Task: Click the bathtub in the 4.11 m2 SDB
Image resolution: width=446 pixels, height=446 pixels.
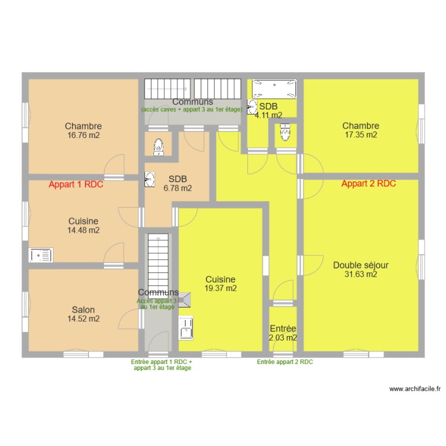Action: (x=274, y=89)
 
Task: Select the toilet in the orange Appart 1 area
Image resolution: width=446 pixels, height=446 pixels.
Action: (x=158, y=146)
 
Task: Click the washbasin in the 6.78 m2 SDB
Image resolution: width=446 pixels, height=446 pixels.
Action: (x=149, y=178)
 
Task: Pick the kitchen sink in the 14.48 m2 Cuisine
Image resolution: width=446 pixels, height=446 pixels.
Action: (x=41, y=255)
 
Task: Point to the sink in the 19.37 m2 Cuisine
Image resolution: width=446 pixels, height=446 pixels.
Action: (x=187, y=328)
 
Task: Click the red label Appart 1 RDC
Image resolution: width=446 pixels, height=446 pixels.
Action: (x=76, y=184)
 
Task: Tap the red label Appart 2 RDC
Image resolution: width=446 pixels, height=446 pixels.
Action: (x=369, y=184)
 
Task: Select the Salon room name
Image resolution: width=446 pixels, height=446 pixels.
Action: (x=83, y=310)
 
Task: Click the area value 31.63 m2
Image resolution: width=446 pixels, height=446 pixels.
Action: (x=361, y=274)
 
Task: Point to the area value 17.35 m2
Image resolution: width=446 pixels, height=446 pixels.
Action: (x=360, y=134)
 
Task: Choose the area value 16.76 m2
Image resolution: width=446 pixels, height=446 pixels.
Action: (x=83, y=135)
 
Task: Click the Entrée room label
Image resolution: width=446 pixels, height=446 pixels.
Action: (x=283, y=328)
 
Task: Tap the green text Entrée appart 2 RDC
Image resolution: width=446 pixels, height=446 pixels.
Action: (x=285, y=362)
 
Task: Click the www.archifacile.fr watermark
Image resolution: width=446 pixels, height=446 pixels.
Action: (x=415, y=389)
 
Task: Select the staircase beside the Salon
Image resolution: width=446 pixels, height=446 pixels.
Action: (x=159, y=262)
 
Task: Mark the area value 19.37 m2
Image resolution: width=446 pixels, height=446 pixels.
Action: (x=221, y=288)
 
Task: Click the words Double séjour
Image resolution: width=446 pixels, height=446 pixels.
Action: (x=361, y=265)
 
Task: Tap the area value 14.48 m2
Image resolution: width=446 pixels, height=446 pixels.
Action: (x=84, y=230)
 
